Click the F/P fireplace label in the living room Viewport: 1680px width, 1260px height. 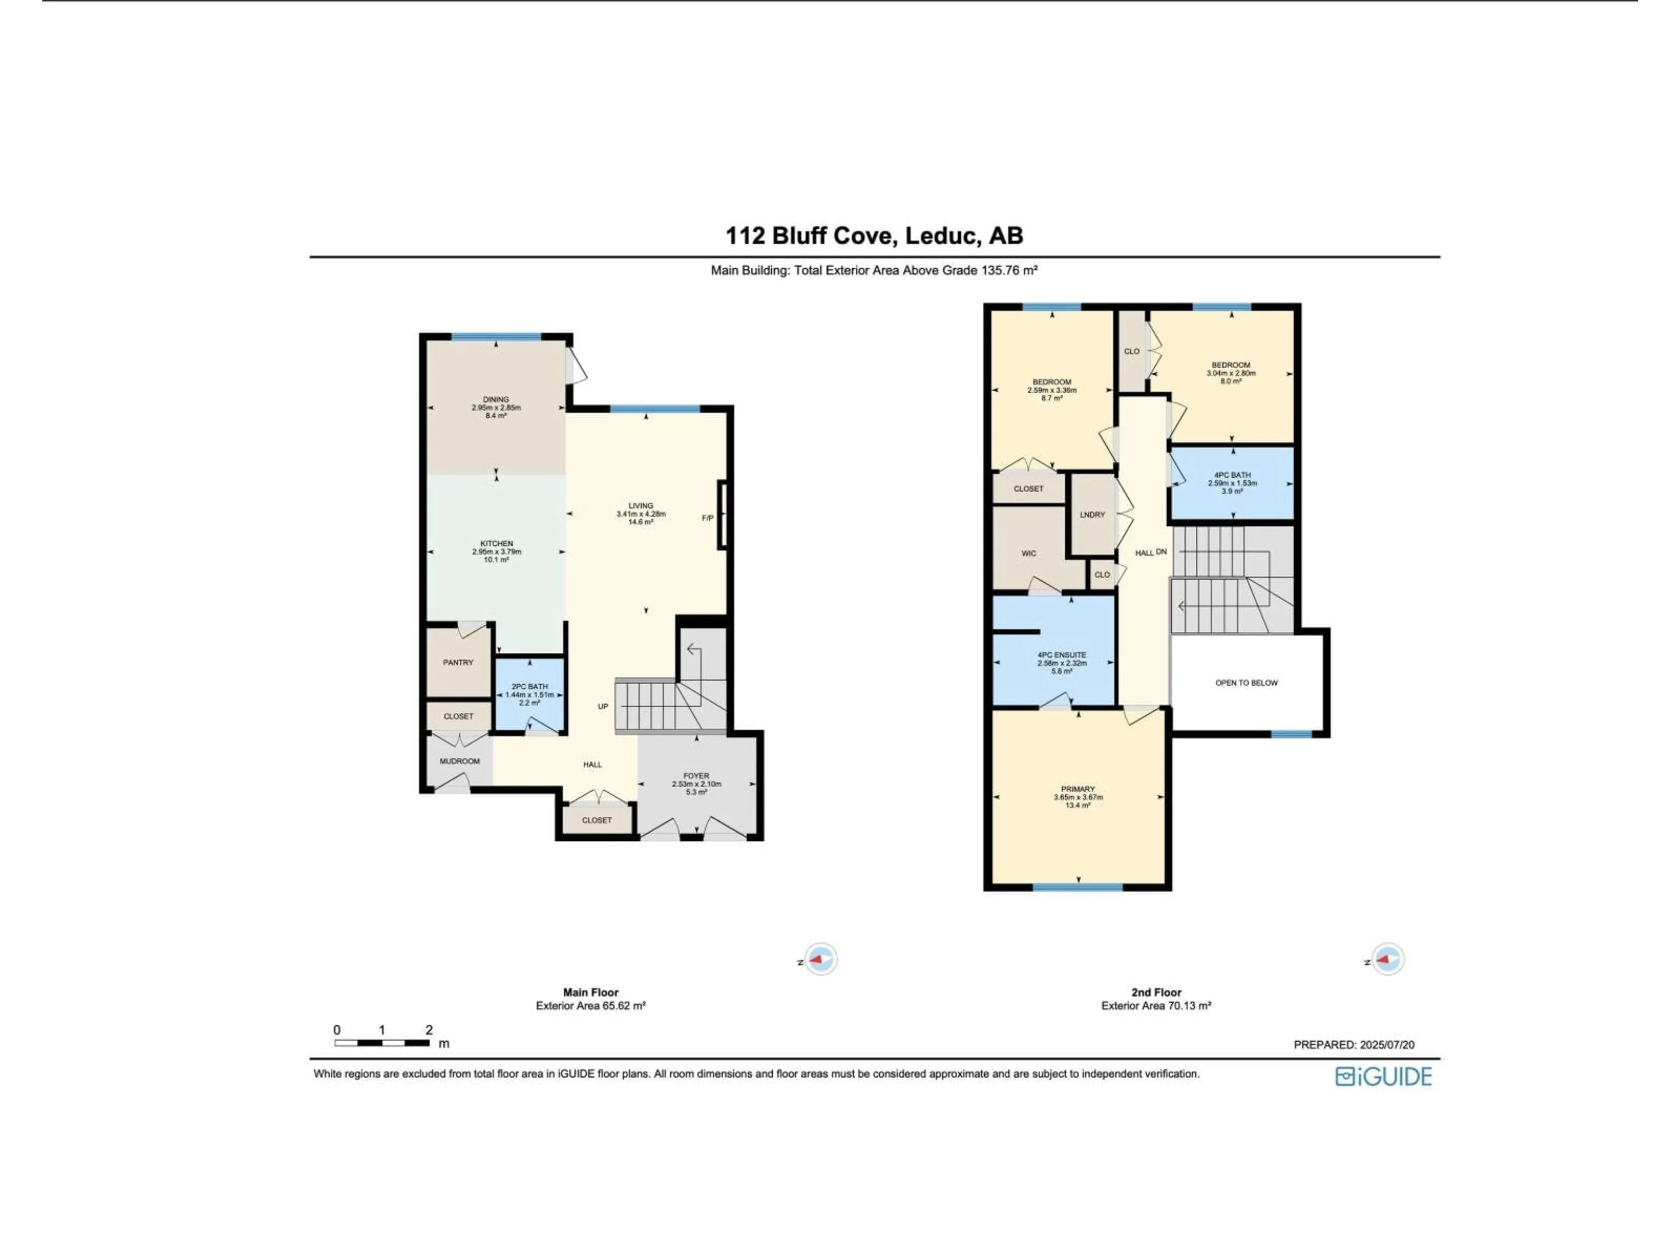pyautogui.click(x=707, y=518)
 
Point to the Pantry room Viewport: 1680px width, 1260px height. pyautogui.click(x=458, y=662)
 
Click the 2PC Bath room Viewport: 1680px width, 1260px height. pyautogui.click(x=529, y=694)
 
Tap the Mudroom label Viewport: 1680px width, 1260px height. pyautogui.click(x=459, y=761)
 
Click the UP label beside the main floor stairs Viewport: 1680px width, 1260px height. pyautogui.click(x=603, y=706)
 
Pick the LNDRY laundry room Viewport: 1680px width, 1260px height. pyautogui.click(x=1092, y=515)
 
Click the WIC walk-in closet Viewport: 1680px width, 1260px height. pyautogui.click(x=1029, y=554)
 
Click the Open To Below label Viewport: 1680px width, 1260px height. pyautogui.click(x=1246, y=683)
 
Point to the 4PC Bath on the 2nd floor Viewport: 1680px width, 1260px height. pyautogui.click(x=1232, y=483)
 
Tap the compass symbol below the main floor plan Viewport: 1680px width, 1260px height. pyautogui.click(x=820, y=959)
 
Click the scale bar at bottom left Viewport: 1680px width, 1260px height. pyautogui.click(x=383, y=1043)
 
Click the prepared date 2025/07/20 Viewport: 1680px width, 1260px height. pyautogui.click(x=1354, y=1045)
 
